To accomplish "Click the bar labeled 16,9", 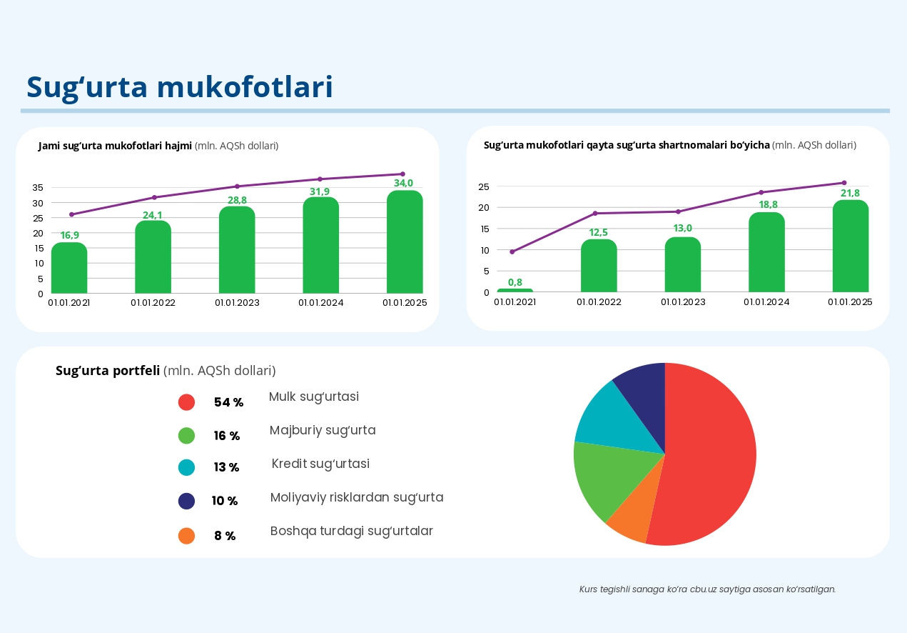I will point(69,268).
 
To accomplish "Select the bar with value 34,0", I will point(405,242).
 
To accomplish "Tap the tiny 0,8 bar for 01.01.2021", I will point(515,290).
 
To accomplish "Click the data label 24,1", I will point(153,215).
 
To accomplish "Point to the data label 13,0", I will point(682,229).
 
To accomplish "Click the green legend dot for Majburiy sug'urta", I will point(186,435).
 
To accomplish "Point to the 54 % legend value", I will point(228,402).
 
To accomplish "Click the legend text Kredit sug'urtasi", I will point(320,464).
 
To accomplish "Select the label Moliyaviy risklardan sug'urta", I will point(357,497).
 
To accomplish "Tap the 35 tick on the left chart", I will point(38,187).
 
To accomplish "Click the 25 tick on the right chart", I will point(483,186).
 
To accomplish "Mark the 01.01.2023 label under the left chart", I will point(237,302).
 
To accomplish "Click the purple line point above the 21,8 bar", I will point(843,183).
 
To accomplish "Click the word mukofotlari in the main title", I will point(245,87).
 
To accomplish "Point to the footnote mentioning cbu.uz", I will point(706,589).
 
